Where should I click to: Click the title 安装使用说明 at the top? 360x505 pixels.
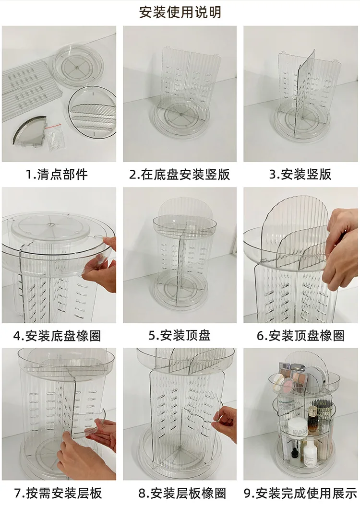pyautogui.click(x=180, y=12)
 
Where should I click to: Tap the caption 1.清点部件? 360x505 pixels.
pyautogui.click(x=57, y=174)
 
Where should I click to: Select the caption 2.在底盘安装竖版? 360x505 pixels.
pyautogui.click(x=180, y=174)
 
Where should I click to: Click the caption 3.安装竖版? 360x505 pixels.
pyautogui.click(x=300, y=174)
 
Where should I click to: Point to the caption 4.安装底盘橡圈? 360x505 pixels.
pyautogui.click(x=57, y=335)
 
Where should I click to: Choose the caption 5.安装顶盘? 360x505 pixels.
pyautogui.click(x=180, y=335)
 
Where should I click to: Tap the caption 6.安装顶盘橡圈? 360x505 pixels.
pyautogui.click(x=300, y=335)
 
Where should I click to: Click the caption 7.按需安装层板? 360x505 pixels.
pyautogui.click(x=57, y=493)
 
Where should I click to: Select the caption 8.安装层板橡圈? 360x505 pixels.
pyautogui.click(x=180, y=493)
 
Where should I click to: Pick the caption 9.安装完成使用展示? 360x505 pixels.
pyautogui.click(x=300, y=493)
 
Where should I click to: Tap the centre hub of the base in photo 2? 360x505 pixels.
pyautogui.click(x=180, y=115)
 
